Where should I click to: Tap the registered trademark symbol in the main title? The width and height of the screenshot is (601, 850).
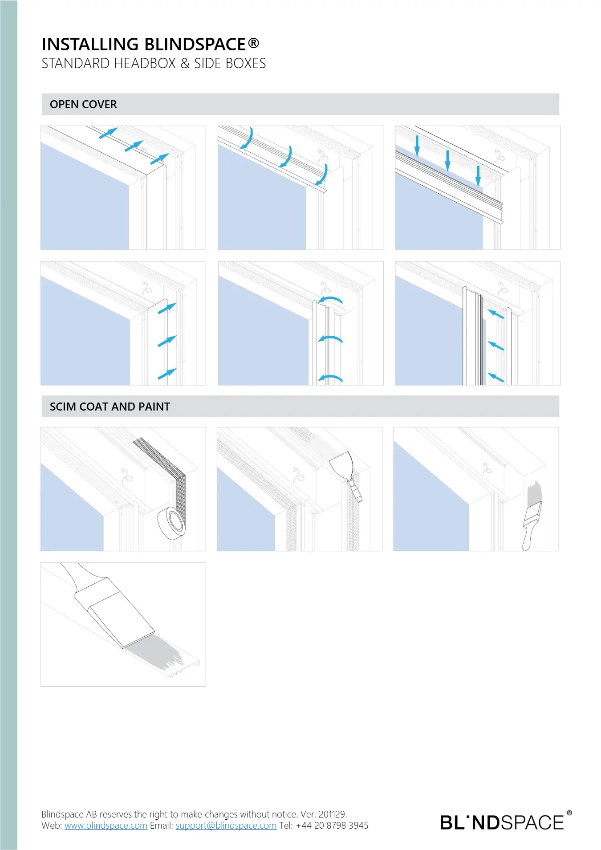253,43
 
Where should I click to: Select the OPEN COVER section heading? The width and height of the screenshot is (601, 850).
83,104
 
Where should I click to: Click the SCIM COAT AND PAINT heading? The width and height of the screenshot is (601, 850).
110,407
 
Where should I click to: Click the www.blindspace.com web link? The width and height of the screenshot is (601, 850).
106,826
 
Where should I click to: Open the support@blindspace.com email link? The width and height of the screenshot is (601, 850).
226,826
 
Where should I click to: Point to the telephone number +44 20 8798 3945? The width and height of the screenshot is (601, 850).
332,826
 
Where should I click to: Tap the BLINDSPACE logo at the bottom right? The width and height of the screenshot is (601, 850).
506,822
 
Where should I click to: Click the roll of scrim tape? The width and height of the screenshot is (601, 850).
171,523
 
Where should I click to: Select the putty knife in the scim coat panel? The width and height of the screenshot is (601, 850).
347,476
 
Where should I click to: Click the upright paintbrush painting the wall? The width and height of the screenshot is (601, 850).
532,517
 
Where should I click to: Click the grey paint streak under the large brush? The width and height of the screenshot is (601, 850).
156,652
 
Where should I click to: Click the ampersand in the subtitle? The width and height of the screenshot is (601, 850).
185,63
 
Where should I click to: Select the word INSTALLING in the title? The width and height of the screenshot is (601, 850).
90,45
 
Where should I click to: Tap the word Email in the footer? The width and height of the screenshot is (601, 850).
161,826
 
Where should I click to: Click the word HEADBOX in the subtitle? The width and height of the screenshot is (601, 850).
145,63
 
